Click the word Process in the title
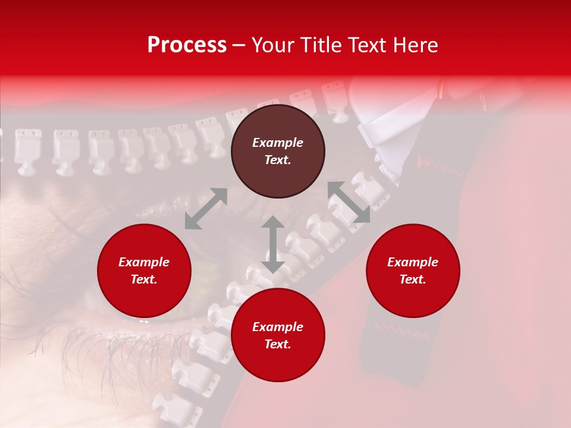point(187,45)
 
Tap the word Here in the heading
point(414,45)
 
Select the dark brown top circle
point(278,152)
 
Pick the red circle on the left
point(144,271)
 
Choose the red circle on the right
point(413,271)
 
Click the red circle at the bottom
point(278,336)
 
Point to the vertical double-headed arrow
point(272,244)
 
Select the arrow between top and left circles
point(206,209)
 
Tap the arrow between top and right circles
point(349,202)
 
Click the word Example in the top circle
point(278,143)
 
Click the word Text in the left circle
point(144,279)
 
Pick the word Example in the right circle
point(413,262)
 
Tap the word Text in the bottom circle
point(278,344)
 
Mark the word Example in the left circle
point(144,262)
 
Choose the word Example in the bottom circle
point(278,327)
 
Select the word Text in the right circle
point(413,279)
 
